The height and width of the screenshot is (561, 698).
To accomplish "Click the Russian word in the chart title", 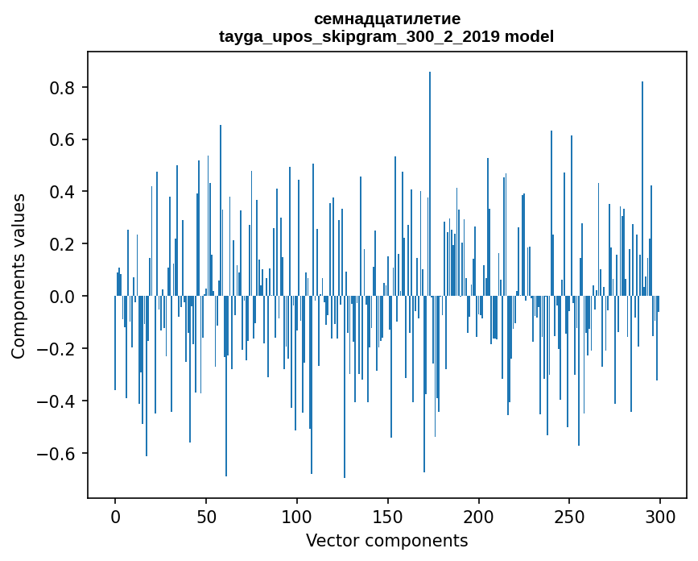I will click(x=387, y=19).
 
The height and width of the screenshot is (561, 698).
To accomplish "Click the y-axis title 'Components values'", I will click(x=19, y=276).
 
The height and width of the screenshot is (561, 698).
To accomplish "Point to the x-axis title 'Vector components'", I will click(x=386, y=540).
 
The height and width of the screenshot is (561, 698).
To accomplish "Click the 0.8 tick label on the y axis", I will click(x=62, y=87).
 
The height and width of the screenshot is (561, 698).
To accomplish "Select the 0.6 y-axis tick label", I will click(x=62, y=139).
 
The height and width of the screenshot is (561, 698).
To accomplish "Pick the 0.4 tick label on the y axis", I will click(x=62, y=192).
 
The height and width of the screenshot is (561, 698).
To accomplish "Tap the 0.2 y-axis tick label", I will click(x=62, y=244).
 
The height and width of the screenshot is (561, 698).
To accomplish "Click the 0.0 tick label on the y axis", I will click(x=62, y=297).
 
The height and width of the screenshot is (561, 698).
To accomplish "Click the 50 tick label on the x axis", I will click(x=206, y=515).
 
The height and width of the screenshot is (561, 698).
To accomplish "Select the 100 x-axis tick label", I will click(x=297, y=515).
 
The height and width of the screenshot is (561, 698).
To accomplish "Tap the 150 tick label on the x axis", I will click(x=388, y=515).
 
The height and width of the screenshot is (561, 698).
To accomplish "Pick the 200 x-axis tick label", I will click(x=479, y=515).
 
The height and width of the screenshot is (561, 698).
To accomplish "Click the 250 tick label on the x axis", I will click(x=569, y=515).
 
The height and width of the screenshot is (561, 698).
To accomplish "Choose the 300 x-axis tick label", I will click(x=660, y=515).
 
